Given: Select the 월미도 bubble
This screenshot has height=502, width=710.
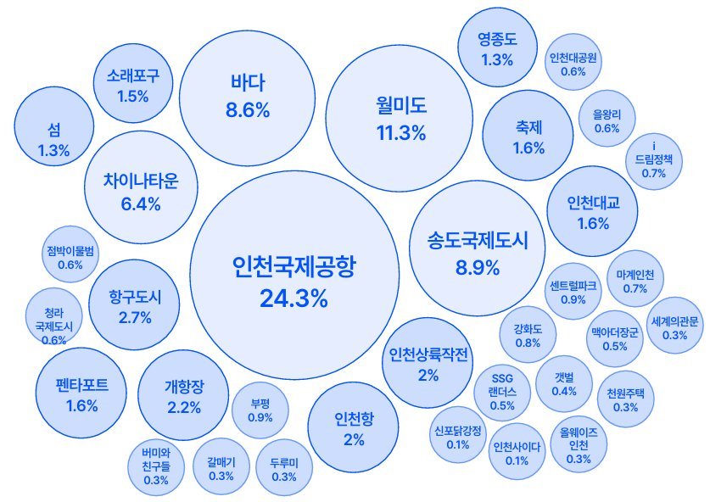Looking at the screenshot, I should [400, 118].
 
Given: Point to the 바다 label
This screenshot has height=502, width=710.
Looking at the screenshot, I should [248, 83].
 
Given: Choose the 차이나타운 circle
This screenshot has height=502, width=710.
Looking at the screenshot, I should [141, 192].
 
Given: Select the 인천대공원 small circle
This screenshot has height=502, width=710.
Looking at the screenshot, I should [573, 65].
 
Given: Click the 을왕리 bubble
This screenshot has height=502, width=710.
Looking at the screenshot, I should [607, 120].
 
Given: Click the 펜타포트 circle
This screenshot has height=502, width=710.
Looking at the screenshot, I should [81, 393].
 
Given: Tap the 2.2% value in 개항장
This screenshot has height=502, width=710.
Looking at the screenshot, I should [184, 407].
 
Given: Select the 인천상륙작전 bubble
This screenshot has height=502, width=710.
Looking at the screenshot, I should [428, 364].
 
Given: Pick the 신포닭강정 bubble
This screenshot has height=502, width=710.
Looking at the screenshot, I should [457, 437].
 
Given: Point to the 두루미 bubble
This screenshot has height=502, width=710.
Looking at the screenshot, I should [284, 469].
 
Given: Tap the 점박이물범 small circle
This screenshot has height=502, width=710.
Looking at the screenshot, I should [70, 257].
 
